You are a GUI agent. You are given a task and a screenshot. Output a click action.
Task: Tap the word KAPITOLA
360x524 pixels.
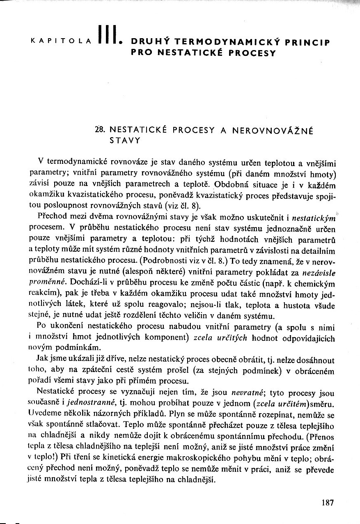pos(61,42)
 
